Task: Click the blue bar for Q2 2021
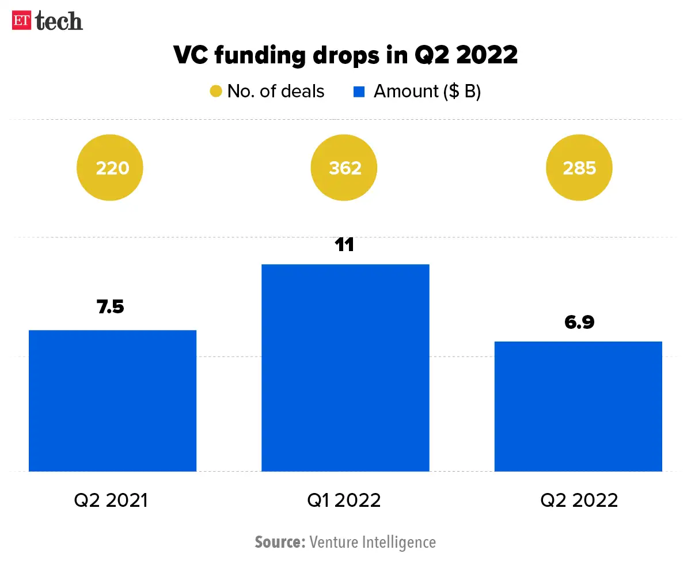coord(112,400)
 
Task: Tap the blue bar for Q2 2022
coord(579,406)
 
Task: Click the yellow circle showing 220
coord(110,168)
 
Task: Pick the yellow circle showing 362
coord(344,168)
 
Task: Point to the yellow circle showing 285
coord(579,168)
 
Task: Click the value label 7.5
coord(111,307)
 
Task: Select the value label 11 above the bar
coord(344,244)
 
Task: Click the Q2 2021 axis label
coord(111,500)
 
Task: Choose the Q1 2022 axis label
coord(344,500)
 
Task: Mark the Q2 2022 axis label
coord(579,500)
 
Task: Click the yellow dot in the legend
coord(216,92)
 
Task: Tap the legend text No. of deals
coord(276,92)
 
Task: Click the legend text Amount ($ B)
coord(427,92)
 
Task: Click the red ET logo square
coord(22,21)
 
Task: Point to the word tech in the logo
coord(59,21)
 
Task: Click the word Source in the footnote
coord(279,542)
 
